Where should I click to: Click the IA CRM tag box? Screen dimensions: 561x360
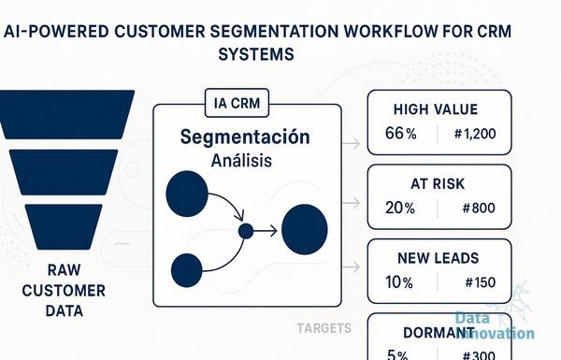(x=237, y=103)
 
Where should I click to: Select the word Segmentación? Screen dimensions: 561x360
(x=245, y=137)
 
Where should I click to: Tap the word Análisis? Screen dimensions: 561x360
(x=241, y=160)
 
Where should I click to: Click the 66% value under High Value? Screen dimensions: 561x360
(x=401, y=134)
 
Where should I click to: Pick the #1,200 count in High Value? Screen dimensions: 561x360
(x=475, y=134)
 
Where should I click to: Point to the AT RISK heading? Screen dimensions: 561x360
(x=438, y=184)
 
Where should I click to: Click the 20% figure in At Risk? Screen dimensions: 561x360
(x=400, y=208)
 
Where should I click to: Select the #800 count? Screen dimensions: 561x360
(x=479, y=208)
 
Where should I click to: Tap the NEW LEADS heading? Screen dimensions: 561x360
(x=439, y=258)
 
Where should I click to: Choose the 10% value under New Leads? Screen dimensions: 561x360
(x=399, y=282)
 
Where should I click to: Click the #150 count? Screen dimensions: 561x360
(x=481, y=282)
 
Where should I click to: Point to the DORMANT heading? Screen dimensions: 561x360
(x=439, y=333)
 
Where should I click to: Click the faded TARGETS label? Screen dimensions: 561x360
(x=324, y=328)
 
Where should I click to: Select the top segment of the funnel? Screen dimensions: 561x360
(x=66, y=114)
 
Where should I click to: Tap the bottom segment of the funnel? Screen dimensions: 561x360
(x=64, y=227)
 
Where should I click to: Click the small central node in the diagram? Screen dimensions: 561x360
(x=246, y=231)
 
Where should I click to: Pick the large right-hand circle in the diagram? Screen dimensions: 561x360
(x=305, y=229)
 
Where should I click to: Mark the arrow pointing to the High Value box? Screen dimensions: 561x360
(x=351, y=144)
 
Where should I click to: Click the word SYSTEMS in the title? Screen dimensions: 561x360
(x=256, y=54)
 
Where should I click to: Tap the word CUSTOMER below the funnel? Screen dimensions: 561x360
(x=64, y=291)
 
